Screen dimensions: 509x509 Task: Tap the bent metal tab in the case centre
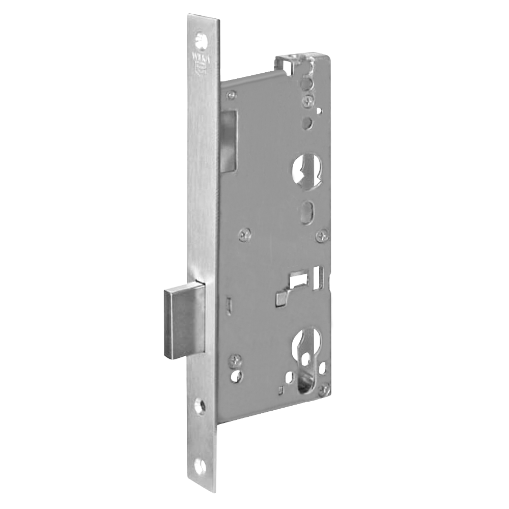coord(281,298)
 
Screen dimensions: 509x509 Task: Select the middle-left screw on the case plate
coord(246,234)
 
